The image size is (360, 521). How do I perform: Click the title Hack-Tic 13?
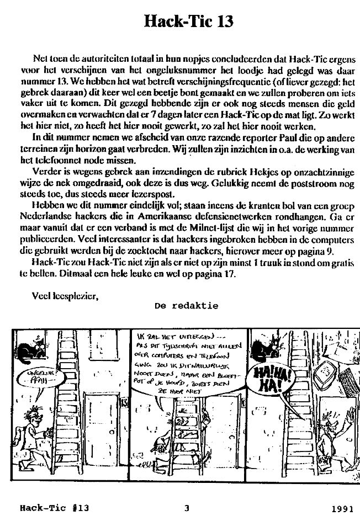point(188,22)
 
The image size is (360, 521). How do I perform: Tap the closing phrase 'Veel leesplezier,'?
point(65,295)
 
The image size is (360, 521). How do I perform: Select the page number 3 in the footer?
point(187,508)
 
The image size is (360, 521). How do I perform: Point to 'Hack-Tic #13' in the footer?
point(54,508)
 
